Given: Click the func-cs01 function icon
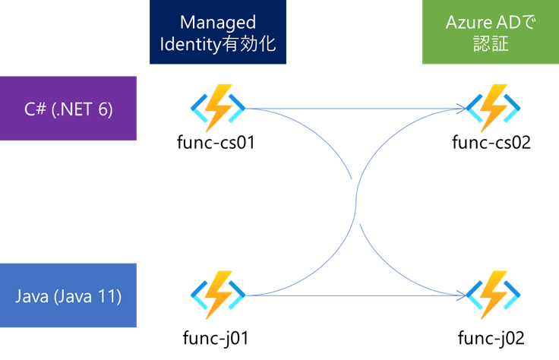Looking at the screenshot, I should [217, 109].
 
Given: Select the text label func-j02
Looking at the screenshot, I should [491, 336].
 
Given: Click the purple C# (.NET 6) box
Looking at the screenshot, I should [68, 108].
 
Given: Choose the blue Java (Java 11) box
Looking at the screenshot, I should [68, 295].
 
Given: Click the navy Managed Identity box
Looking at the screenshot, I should [218, 32].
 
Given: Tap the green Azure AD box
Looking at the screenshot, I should [491, 32].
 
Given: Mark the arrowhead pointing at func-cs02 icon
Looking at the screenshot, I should [461, 109].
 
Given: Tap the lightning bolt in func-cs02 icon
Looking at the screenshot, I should [492, 109].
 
